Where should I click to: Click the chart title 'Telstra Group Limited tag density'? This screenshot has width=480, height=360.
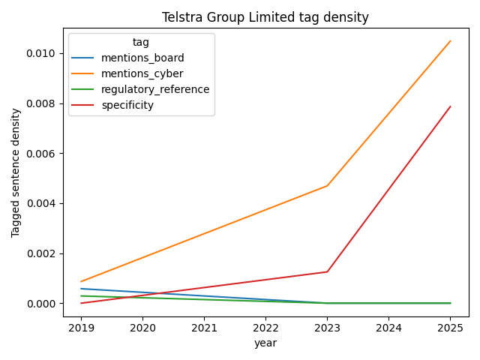[265, 17]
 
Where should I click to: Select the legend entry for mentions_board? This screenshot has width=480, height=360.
[142, 58]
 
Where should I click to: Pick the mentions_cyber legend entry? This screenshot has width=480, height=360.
[142, 73]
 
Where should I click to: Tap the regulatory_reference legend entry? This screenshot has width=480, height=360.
[155, 89]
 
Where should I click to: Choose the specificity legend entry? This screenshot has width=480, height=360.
[127, 105]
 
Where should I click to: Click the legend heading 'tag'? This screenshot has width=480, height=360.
[141, 43]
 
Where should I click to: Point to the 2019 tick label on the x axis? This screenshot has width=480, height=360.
[81, 328]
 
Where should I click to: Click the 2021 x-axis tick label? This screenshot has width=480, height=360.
[204, 328]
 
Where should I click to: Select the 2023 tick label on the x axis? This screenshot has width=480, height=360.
[327, 328]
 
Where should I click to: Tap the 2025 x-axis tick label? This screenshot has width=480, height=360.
[450, 328]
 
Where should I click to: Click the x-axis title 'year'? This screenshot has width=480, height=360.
[265, 343]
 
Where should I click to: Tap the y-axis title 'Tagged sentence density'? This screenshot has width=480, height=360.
[16, 172]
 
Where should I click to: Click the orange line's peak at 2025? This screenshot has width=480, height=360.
[450, 41]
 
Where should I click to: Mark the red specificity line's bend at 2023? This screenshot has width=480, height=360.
[327, 271]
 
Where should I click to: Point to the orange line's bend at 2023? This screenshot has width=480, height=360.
[327, 185]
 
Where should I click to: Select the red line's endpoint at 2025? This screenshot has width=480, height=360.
[450, 106]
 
